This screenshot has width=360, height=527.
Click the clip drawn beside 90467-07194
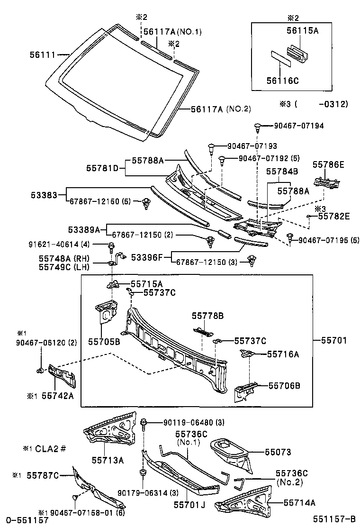coord(257,127)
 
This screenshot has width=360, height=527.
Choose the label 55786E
coord(328,165)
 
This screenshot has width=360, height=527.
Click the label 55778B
coord(207,315)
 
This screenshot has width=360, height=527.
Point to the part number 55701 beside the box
coord(334,340)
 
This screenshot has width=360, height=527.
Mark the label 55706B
coord(284,386)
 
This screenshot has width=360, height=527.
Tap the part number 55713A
coord(108,459)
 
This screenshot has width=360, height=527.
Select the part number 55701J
coord(189,505)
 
